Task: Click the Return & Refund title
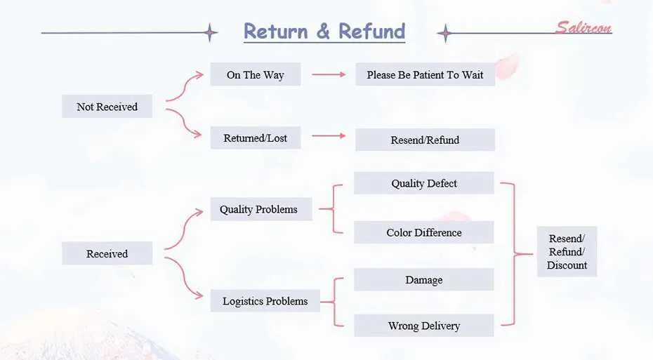(324, 31)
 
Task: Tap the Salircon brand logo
(583, 27)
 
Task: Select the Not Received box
(107, 107)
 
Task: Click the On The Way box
(256, 74)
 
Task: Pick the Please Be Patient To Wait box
(426, 74)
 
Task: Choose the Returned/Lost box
(256, 138)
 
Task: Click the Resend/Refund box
(426, 140)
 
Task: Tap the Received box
(107, 253)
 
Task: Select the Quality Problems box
(261, 209)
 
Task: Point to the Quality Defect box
(424, 183)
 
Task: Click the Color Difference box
(424, 232)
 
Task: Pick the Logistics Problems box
(265, 301)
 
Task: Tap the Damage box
(424, 280)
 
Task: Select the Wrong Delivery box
(424, 326)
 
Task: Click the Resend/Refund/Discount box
(567, 252)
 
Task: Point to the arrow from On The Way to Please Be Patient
(329, 74)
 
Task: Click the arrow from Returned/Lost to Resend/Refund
(329, 135)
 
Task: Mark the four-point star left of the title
(211, 32)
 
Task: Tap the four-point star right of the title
(445, 33)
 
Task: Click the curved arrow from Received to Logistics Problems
(186, 280)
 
